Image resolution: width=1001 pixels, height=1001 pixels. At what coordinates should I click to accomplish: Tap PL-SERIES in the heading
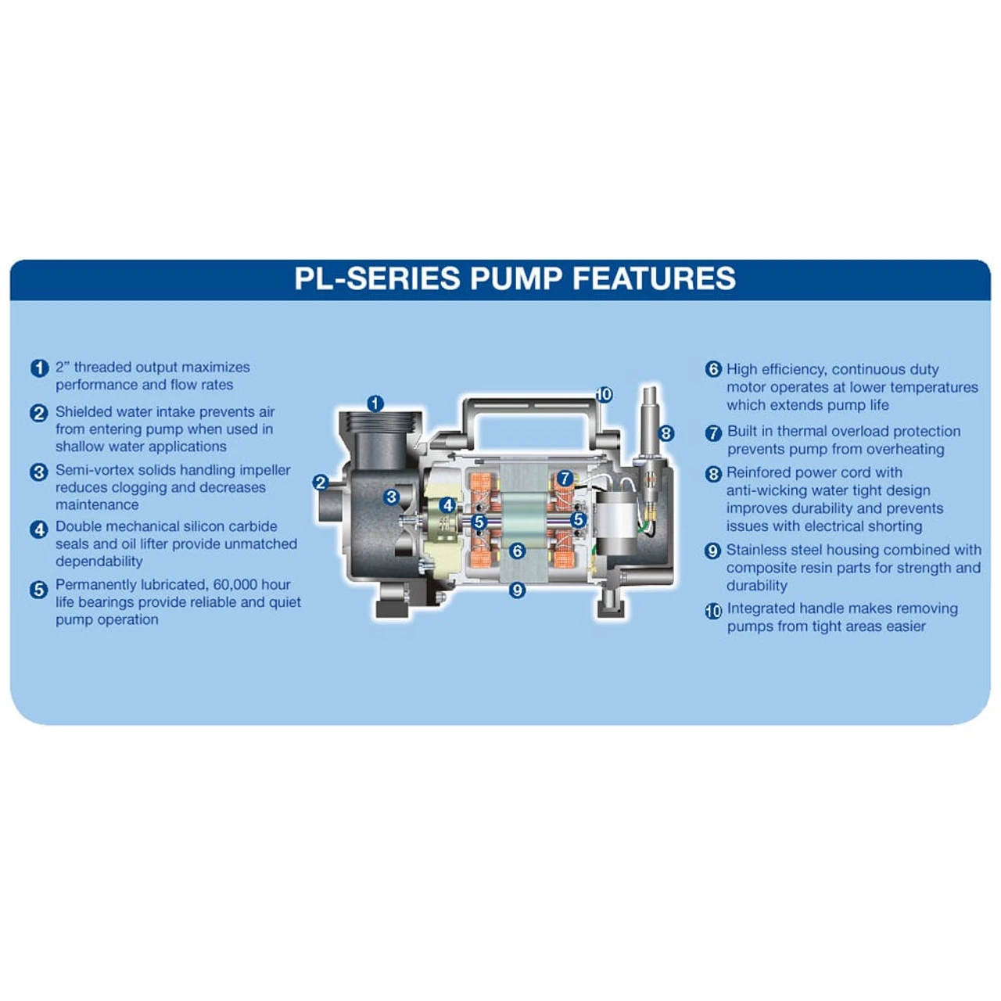coord(377,278)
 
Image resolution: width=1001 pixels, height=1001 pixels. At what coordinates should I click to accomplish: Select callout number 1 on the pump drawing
coord(375,404)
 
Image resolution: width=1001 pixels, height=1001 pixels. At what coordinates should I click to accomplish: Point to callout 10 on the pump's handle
coord(604,395)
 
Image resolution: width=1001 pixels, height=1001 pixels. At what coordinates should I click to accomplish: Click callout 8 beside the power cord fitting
coord(666,433)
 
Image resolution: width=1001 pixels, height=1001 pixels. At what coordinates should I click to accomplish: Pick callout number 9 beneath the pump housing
coord(517,590)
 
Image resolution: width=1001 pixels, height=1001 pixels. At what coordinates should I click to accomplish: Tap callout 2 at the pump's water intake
coord(320,483)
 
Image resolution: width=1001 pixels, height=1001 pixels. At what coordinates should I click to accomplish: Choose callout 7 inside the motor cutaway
coord(565,479)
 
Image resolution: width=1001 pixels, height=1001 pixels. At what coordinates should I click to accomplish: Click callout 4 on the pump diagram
coord(447,505)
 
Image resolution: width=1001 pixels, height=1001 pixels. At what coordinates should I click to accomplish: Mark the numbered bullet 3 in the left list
coord(39,472)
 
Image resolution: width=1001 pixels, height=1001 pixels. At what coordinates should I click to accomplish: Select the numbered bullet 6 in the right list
coord(713,369)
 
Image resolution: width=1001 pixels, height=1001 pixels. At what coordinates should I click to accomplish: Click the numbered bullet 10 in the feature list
coord(713,611)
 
